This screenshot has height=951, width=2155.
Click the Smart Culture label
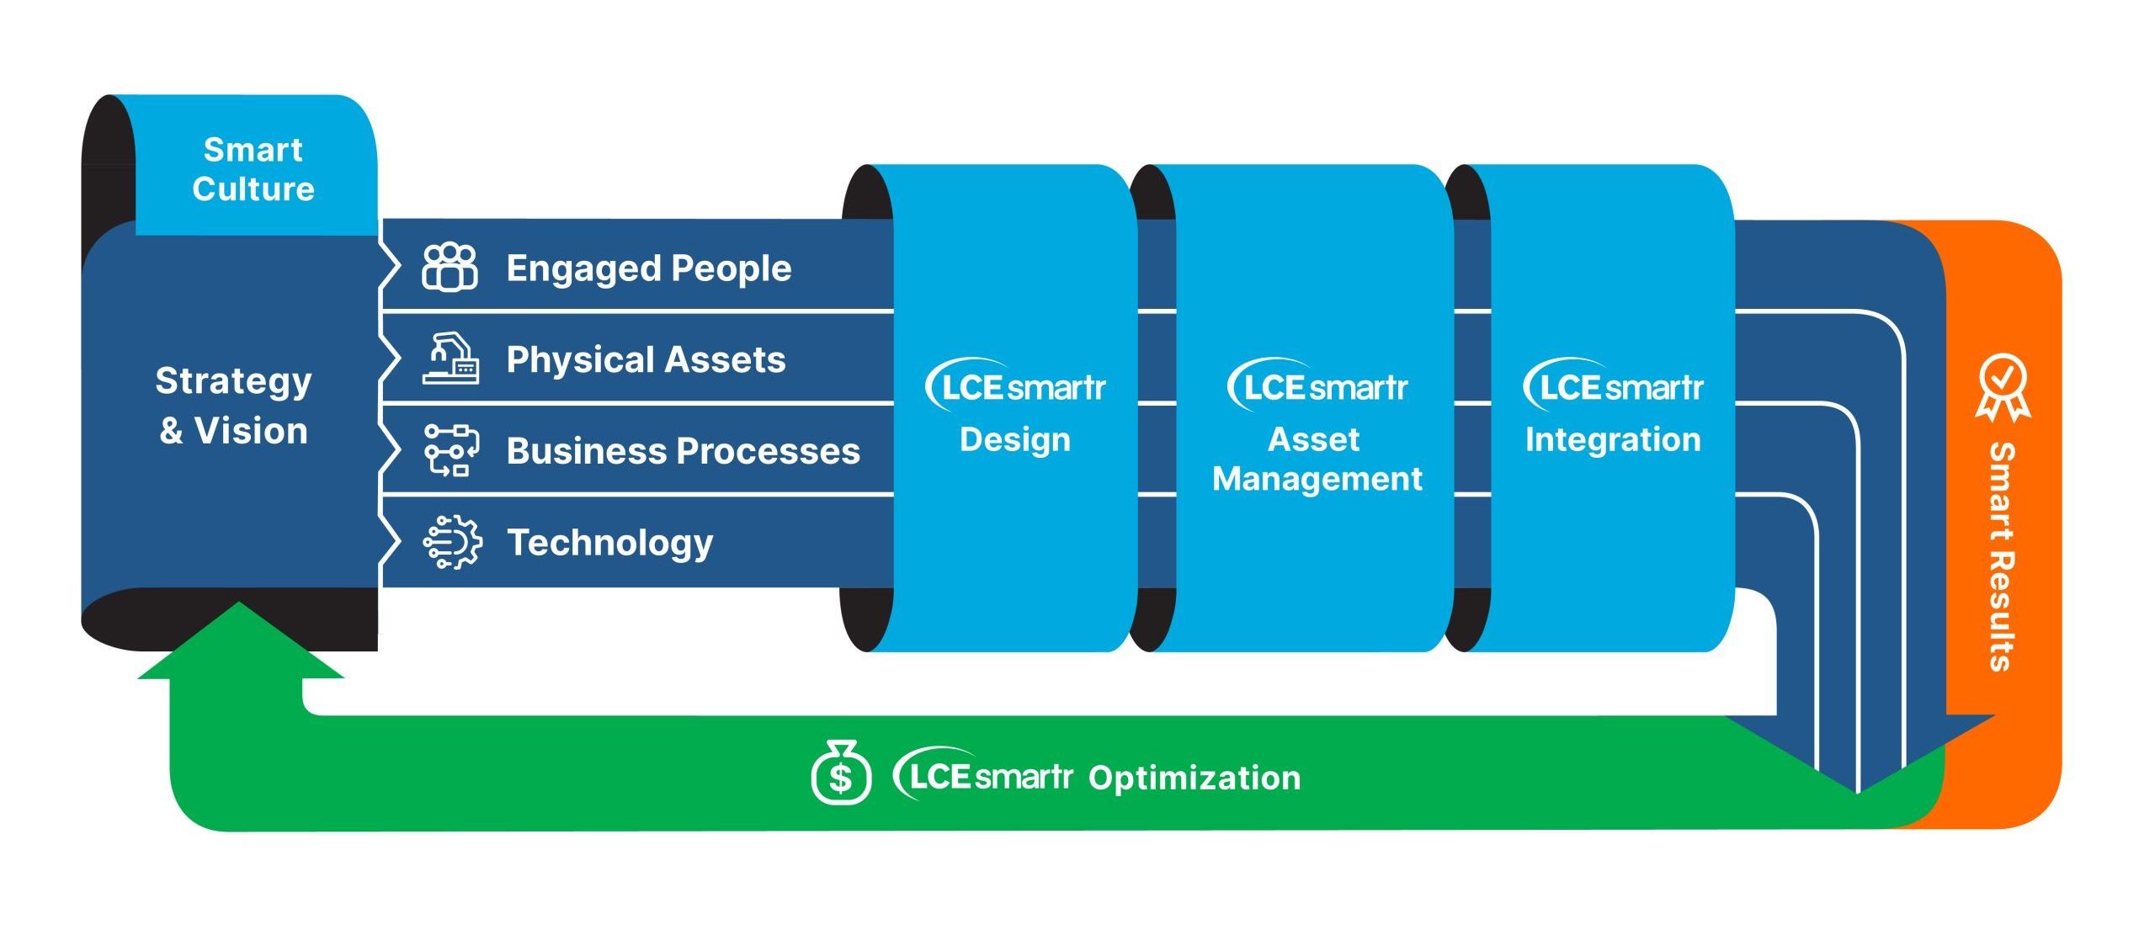pyautogui.click(x=253, y=169)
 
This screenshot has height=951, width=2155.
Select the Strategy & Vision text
pyautogui.click(x=233, y=406)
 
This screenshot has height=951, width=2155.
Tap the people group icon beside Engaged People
pyautogui.click(x=450, y=268)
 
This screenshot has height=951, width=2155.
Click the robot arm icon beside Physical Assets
pyautogui.click(x=451, y=359)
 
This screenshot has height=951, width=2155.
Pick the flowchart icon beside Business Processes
pyautogui.click(x=451, y=450)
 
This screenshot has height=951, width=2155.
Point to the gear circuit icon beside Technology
pyautogui.click(x=452, y=542)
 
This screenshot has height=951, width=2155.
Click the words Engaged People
pyautogui.click(x=648, y=268)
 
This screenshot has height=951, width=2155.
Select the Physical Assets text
pyautogui.click(x=646, y=360)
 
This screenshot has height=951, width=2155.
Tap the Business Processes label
pyautogui.click(x=683, y=452)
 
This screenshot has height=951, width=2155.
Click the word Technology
pyautogui.click(x=609, y=543)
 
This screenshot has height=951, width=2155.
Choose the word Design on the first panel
pyautogui.click(x=1014, y=440)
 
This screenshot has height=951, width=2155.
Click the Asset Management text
pyautogui.click(x=1317, y=459)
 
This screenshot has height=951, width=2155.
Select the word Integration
pyautogui.click(x=1613, y=440)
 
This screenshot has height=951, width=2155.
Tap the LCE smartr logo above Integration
pyautogui.click(x=1613, y=386)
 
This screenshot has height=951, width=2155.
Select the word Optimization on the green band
pyautogui.click(x=1194, y=778)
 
